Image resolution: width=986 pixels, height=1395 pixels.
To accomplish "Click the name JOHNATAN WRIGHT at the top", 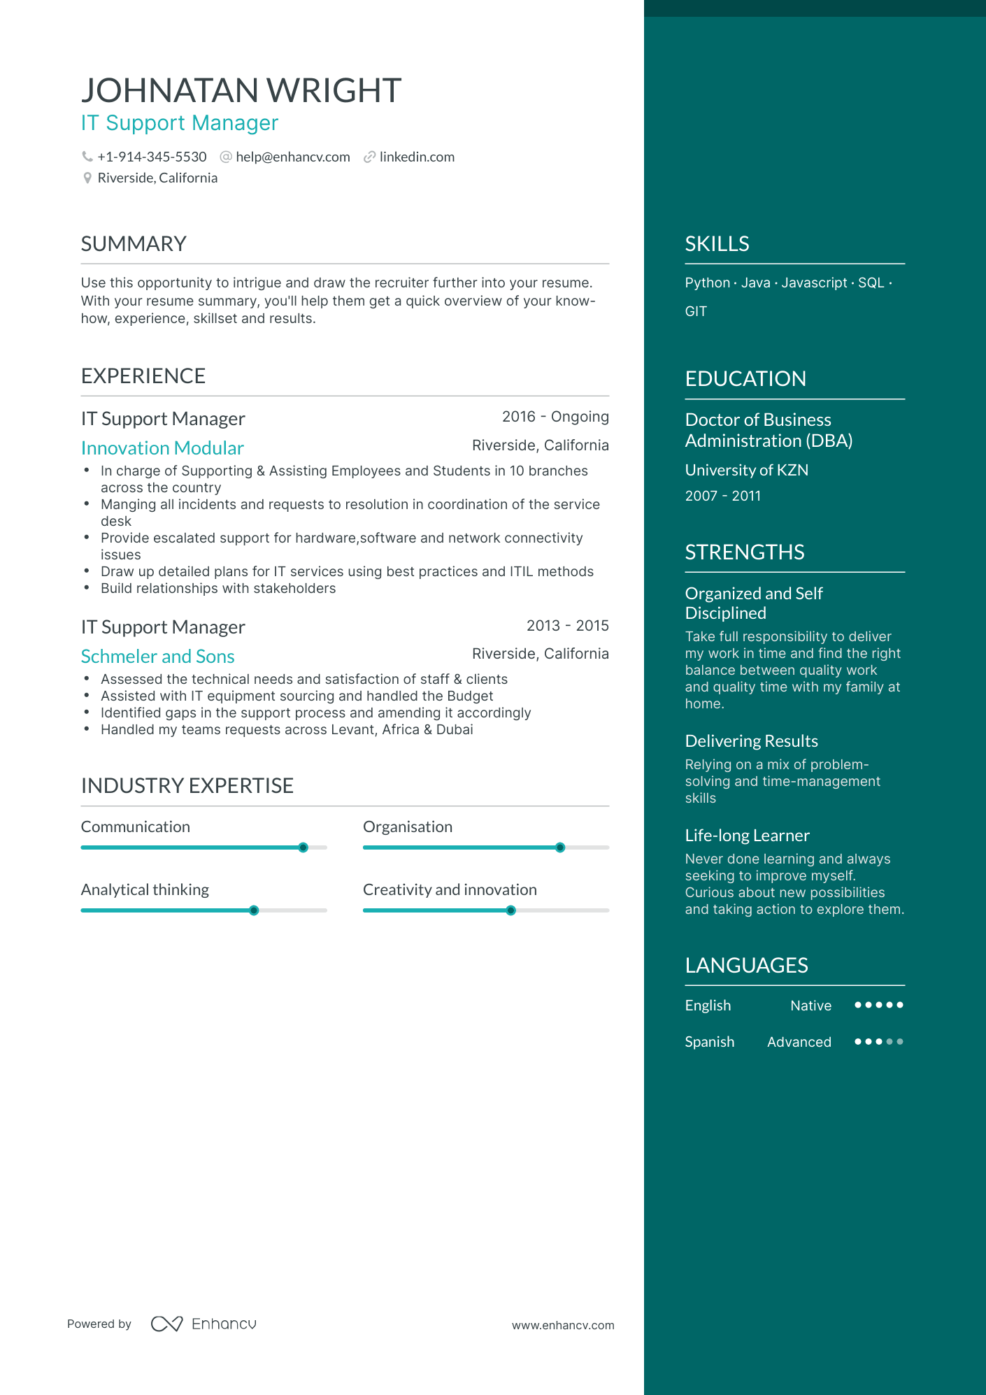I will click(241, 91).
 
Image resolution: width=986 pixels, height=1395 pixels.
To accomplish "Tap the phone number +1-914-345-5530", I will click(152, 157).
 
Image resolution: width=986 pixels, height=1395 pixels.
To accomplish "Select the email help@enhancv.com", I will click(292, 157).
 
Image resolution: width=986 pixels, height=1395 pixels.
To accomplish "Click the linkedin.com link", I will click(417, 157).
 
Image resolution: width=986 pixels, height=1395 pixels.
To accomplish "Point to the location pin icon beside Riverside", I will click(87, 178).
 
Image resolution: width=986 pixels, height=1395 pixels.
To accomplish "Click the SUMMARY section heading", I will click(134, 244).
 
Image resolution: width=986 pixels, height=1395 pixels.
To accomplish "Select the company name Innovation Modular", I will click(162, 448).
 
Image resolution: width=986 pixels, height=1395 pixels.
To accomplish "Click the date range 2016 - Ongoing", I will click(555, 417).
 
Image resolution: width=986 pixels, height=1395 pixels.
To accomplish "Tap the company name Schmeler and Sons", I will click(157, 657).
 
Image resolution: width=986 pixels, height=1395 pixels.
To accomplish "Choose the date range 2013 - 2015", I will click(567, 626).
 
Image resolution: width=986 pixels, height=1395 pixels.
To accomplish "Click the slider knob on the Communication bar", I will click(303, 847).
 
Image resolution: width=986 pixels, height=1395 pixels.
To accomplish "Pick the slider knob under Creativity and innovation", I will click(510, 910).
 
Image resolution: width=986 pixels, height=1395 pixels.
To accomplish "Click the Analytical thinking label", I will click(145, 890).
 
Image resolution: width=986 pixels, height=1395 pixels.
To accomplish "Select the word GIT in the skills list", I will click(696, 312).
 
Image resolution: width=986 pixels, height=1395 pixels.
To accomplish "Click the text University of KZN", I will click(746, 471).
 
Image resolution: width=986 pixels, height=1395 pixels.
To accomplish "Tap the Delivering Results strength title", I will click(751, 741).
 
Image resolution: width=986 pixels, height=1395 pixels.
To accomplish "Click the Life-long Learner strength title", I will click(747, 836).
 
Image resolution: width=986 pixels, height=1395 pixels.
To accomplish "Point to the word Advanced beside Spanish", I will click(799, 1042).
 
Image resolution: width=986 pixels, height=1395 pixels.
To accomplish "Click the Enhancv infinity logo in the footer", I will click(167, 1324).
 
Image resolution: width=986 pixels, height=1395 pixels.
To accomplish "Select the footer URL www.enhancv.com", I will click(563, 1325).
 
